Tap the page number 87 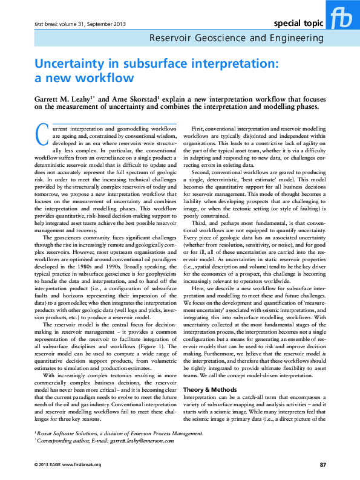click(323, 464)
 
